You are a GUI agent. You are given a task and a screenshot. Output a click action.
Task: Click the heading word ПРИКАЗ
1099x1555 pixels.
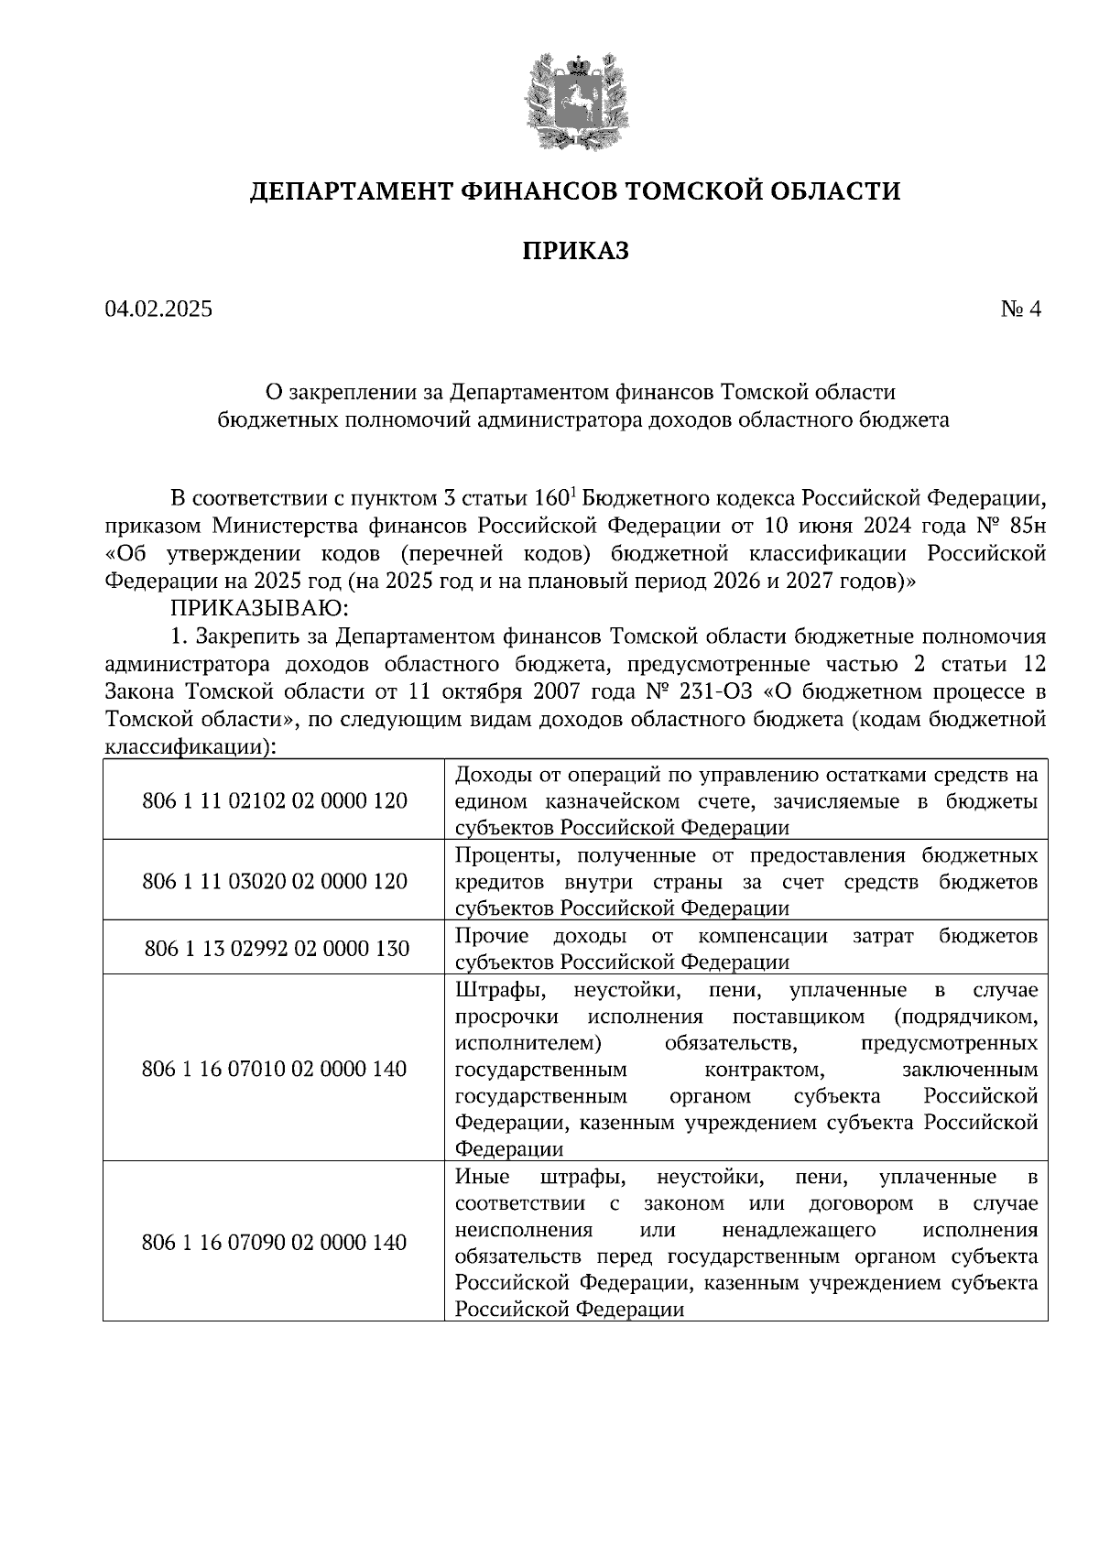(x=576, y=251)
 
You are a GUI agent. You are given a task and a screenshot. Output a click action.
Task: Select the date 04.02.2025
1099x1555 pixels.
(x=158, y=310)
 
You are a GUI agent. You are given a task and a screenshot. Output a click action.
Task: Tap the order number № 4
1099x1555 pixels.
(x=1021, y=310)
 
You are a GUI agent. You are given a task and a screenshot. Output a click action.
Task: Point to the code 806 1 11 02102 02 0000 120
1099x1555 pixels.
(x=275, y=801)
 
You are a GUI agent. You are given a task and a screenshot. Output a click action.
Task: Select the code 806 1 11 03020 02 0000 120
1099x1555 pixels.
(x=275, y=882)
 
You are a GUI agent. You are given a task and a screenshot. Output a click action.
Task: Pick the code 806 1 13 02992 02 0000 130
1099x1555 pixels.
(x=277, y=949)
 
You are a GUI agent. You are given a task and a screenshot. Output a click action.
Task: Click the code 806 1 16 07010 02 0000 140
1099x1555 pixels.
(x=275, y=1069)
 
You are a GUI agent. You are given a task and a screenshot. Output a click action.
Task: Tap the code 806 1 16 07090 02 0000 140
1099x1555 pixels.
(x=275, y=1243)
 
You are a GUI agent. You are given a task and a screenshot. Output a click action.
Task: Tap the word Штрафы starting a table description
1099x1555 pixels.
(x=495, y=990)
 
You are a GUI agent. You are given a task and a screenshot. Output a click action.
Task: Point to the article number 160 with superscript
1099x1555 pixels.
(x=552, y=499)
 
